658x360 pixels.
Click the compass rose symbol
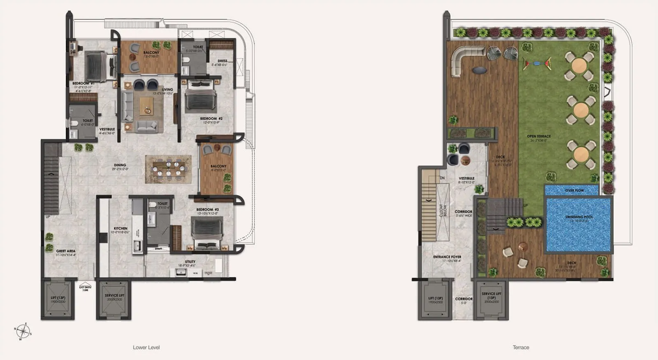(x=23, y=331)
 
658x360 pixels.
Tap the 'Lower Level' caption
(x=146, y=347)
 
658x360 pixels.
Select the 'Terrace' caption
(x=521, y=347)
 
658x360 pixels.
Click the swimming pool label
(x=579, y=217)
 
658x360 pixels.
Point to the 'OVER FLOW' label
(x=574, y=190)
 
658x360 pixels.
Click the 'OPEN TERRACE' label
(x=539, y=136)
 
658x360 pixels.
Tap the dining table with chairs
(x=169, y=169)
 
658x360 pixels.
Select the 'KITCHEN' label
(x=120, y=228)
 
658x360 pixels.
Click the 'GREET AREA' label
(x=66, y=251)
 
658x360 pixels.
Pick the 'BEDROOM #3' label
(x=208, y=209)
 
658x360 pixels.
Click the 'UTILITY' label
(x=190, y=262)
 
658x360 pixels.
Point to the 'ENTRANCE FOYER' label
(x=447, y=257)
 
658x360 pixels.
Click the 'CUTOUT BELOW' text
(x=443, y=210)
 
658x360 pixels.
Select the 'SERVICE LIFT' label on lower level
(x=114, y=295)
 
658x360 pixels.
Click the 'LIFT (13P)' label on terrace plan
(x=436, y=298)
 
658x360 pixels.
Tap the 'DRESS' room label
(x=222, y=61)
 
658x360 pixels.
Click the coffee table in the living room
(x=146, y=106)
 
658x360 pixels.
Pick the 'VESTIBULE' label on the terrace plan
(x=467, y=179)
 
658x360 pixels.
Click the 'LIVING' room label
(x=167, y=89)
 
